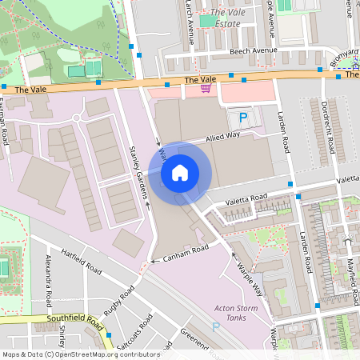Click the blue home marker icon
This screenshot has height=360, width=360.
[180, 171]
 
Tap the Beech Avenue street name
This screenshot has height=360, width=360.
[254, 50]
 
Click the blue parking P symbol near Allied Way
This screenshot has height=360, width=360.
[243, 118]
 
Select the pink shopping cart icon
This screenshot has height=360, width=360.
[206, 87]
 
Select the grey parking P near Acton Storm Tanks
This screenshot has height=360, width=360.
[214, 326]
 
